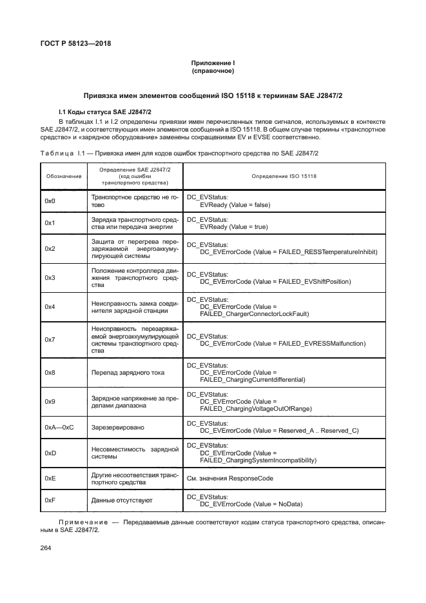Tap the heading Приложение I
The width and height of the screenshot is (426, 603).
(213, 63)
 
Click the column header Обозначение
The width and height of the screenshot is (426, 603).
(63, 176)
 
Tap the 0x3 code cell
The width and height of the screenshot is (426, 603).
(50, 277)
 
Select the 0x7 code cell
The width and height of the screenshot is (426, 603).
(50, 339)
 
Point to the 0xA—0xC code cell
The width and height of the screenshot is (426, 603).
(59, 427)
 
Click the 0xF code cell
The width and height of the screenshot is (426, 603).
(50, 500)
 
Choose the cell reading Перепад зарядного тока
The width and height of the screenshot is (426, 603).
(128, 373)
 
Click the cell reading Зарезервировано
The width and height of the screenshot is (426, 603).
(119, 427)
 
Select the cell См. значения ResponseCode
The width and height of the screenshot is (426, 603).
(230, 479)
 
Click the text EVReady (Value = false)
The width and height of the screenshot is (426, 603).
(235, 204)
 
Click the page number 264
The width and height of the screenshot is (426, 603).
(46, 548)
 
